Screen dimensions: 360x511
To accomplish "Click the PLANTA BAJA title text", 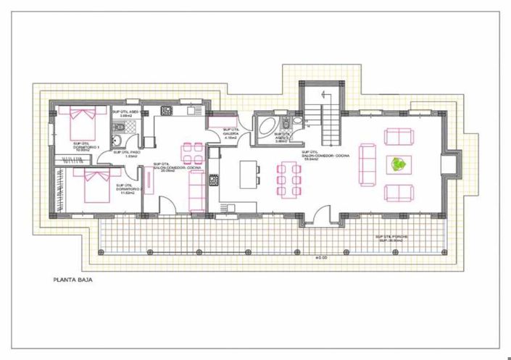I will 72,277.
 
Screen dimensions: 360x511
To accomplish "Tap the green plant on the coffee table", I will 398,164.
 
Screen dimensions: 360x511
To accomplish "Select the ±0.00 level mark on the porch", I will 321,256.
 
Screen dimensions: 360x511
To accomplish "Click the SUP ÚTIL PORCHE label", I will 389,240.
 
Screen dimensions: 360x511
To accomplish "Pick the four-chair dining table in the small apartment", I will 192,152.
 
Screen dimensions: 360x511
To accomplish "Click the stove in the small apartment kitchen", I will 166,111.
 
